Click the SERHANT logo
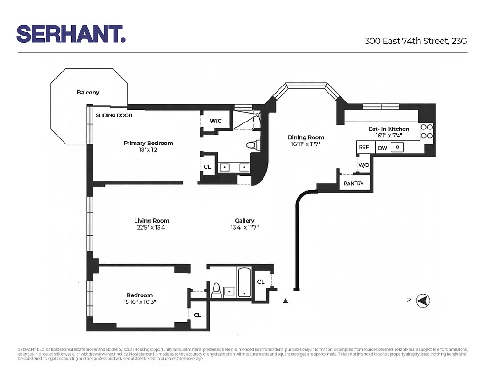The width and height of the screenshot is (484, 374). coord(71,34)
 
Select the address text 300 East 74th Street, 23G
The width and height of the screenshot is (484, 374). coord(415,41)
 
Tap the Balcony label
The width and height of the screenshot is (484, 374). coord(88,93)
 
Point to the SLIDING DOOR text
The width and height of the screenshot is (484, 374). coord(114,115)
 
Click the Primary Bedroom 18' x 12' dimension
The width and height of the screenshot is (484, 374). coord(148,151)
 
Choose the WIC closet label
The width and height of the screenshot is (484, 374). coord(215,121)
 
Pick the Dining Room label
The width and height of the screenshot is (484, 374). coord(306,137)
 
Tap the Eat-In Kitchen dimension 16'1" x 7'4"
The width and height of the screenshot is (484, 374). coord(389,136)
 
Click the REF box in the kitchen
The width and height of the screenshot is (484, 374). coord(364,147)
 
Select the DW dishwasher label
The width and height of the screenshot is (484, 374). coord(382,148)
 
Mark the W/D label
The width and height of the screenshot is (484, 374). coord(363,165)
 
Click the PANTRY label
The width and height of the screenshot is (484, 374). coord(354,184)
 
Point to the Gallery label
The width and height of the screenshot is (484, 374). coord(244,221)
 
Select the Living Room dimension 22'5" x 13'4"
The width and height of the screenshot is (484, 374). coord(151,228)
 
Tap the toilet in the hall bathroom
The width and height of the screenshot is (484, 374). coord(216,290)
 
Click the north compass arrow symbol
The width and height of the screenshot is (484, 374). coord(423,301)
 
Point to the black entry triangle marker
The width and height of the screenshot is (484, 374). coord(285,301)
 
